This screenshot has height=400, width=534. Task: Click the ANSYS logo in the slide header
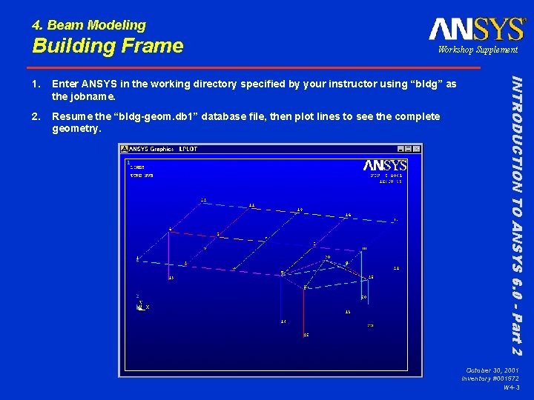pyautogui.click(x=476, y=29)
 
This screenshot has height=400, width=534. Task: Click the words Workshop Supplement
pyautogui.click(x=478, y=50)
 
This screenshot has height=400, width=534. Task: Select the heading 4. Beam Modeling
pyautogui.click(x=89, y=25)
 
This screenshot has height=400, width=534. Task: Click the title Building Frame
pyautogui.click(x=108, y=46)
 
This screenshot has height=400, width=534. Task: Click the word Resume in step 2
pyautogui.click(x=70, y=117)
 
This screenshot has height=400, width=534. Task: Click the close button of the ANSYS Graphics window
pyautogui.click(x=417, y=149)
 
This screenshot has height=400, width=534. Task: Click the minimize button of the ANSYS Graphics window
pyautogui.click(x=400, y=149)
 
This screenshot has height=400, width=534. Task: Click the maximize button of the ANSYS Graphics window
pyautogui.click(x=409, y=149)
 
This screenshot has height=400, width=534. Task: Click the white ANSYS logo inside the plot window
pyautogui.click(x=385, y=165)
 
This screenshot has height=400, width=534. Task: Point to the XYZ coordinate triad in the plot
pyautogui.click(x=140, y=305)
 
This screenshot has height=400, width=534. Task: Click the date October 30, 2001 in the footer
pyautogui.click(x=492, y=370)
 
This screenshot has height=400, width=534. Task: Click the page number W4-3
pyautogui.click(x=510, y=387)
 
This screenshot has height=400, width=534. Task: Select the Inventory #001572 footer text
pyautogui.click(x=489, y=379)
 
